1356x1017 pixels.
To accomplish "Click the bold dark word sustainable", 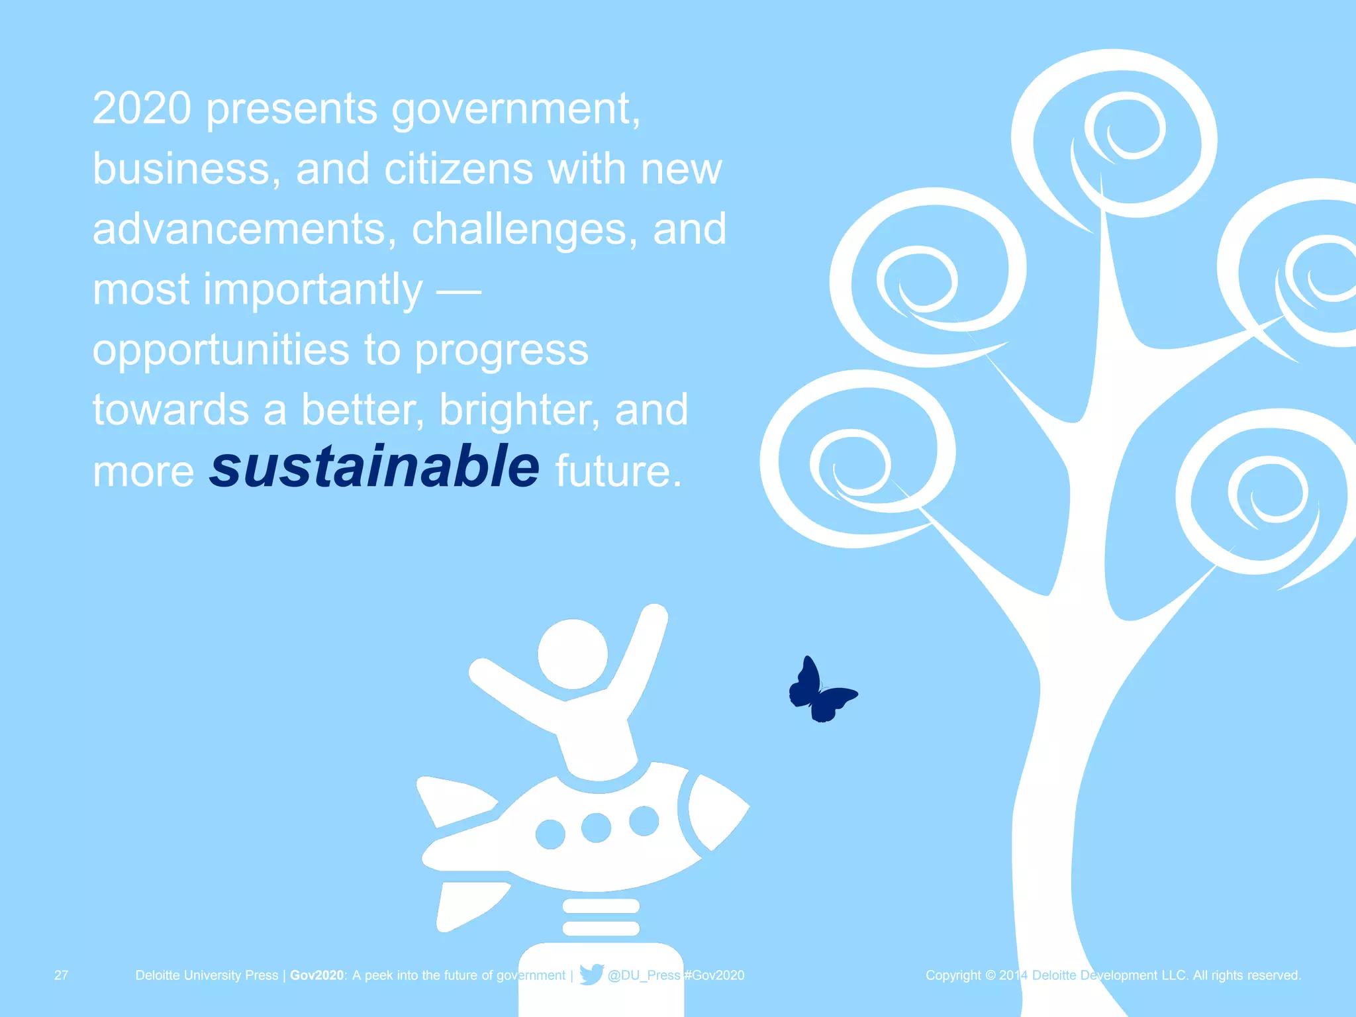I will pyautogui.click(x=375, y=467).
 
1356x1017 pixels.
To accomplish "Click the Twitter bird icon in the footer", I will pyautogui.click(x=591, y=974).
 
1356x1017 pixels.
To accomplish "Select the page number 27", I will pyautogui.click(x=61, y=975).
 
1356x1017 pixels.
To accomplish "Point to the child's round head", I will pyautogui.click(x=573, y=654).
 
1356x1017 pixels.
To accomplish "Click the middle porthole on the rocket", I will pyautogui.click(x=596, y=828).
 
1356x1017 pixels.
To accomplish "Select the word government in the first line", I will pyautogui.click(x=515, y=109).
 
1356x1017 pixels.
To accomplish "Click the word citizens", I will pyautogui.click(x=458, y=169).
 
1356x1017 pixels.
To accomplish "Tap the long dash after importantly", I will pyautogui.click(x=458, y=291).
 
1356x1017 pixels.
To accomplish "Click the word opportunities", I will pyautogui.click(x=220, y=351).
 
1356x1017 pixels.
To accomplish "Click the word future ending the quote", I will pyautogui.click(x=618, y=471).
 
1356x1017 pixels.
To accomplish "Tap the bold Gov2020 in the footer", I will pyautogui.click(x=317, y=975).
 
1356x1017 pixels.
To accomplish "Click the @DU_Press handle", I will pyautogui.click(x=644, y=975).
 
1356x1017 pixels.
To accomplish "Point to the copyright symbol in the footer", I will pyautogui.click(x=990, y=975).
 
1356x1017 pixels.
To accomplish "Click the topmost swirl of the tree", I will pyautogui.click(x=1119, y=132).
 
